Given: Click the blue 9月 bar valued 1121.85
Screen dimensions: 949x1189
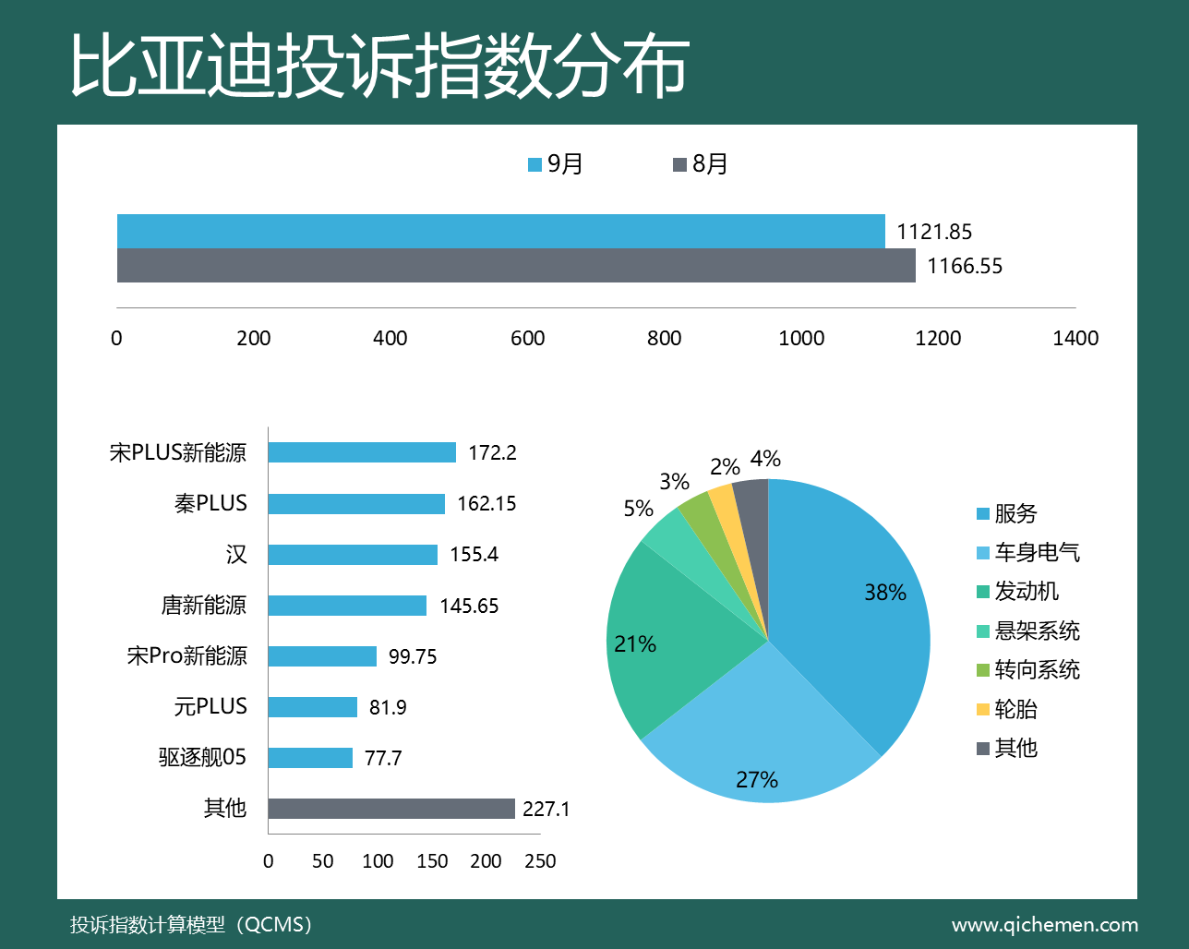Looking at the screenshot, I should [x=500, y=231].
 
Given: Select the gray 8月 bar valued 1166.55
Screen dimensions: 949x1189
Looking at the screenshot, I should [x=516, y=265].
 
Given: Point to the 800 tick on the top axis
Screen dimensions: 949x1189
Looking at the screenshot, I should [x=664, y=338].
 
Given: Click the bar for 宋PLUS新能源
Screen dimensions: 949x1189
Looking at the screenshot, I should [x=362, y=452].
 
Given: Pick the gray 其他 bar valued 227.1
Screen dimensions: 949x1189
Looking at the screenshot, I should [x=391, y=809].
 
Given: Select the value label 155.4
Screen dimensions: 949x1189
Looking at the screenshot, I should [x=474, y=555].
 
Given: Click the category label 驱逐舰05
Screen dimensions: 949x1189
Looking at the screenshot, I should [x=202, y=758].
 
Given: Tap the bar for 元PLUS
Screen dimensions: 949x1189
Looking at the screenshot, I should [x=313, y=707].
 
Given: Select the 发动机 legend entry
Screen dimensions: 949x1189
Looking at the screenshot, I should [x=1017, y=592].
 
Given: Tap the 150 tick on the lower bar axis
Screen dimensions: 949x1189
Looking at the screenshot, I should [x=432, y=861].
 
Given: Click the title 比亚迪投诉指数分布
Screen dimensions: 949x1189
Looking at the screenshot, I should [x=379, y=66].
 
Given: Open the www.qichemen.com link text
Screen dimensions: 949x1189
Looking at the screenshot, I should [x=1044, y=925].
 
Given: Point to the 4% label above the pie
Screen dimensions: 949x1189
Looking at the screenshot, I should [x=765, y=459].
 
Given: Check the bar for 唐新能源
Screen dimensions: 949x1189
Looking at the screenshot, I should [x=347, y=606].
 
